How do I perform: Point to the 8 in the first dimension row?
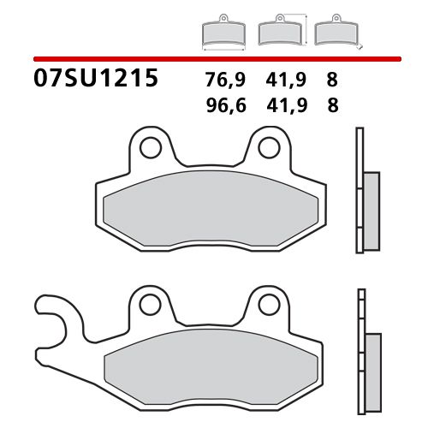pyautogui.click(x=331, y=81)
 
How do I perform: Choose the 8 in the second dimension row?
pyautogui.click(x=331, y=106)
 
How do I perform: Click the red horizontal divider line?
pyautogui.click(x=214, y=57)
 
